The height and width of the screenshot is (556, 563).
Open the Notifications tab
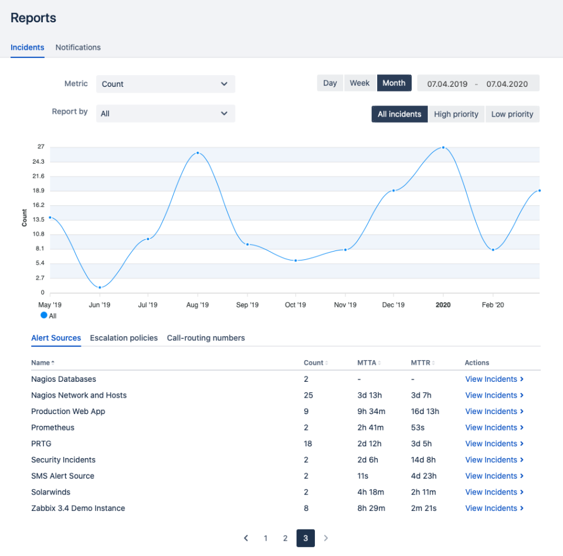pyautogui.click(x=78, y=48)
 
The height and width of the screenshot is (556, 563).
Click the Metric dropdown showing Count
pyautogui.click(x=165, y=84)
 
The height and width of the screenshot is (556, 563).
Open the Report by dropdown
pyautogui.click(x=165, y=114)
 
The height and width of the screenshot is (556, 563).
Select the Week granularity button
pyautogui.click(x=359, y=83)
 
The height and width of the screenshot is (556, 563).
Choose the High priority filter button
pyautogui.click(x=456, y=114)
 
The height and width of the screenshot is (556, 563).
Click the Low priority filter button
pyautogui.click(x=512, y=114)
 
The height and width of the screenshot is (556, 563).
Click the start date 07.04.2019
pyautogui.click(x=447, y=84)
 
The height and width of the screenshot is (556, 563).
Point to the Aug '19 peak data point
pyautogui.click(x=198, y=153)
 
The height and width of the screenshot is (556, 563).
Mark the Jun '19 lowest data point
pyautogui.click(x=100, y=287)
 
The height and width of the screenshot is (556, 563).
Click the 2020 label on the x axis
pyautogui.click(x=443, y=305)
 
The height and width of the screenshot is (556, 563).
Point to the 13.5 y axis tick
pyautogui.click(x=38, y=220)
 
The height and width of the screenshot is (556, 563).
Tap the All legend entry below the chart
pyautogui.click(x=49, y=316)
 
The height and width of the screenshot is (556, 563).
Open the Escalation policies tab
pyautogui.click(x=124, y=338)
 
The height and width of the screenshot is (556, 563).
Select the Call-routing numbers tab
pyautogui.click(x=206, y=338)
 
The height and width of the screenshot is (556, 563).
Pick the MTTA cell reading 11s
pyautogui.click(x=363, y=476)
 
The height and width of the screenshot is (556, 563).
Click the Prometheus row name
pyautogui.click(x=53, y=428)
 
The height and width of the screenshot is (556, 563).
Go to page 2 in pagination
pyautogui.click(x=285, y=538)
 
